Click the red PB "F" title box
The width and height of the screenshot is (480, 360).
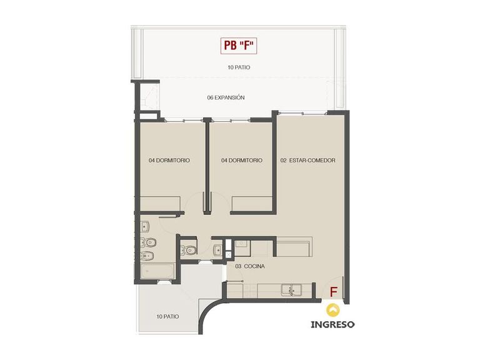click(x=239, y=46)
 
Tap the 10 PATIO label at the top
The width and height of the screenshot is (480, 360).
click(x=239, y=67)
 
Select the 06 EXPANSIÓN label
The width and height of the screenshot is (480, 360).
click(x=226, y=97)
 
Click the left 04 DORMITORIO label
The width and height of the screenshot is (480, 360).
click(x=169, y=161)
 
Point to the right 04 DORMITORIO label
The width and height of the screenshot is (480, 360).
click(x=242, y=161)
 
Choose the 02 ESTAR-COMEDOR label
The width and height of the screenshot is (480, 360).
click(x=308, y=161)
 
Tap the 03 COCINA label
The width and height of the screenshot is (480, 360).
click(x=250, y=266)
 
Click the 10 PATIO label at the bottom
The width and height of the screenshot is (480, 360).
click(x=167, y=316)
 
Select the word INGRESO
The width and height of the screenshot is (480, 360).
click(x=332, y=324)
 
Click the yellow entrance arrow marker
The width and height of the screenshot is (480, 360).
click(x=332, y=310)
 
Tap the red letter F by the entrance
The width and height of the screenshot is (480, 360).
click(x=333, y=292)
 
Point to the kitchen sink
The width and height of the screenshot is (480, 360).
click(x=291, y=289)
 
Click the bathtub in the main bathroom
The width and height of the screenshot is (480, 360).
click(x=157, y=271)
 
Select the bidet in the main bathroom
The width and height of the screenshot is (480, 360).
click(x=147, y=256)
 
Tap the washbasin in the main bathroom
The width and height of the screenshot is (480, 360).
click(x=145, y=227)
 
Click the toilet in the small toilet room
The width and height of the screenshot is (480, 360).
click(x=188, y=251)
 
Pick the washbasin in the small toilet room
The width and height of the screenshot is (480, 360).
click(x=218, y=250)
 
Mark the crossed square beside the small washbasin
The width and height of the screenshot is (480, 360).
click(x=228, y=254)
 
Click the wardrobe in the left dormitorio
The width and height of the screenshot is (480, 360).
click(x=160, y=204)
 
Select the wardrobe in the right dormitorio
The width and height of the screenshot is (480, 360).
click(x=252, y=204)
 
